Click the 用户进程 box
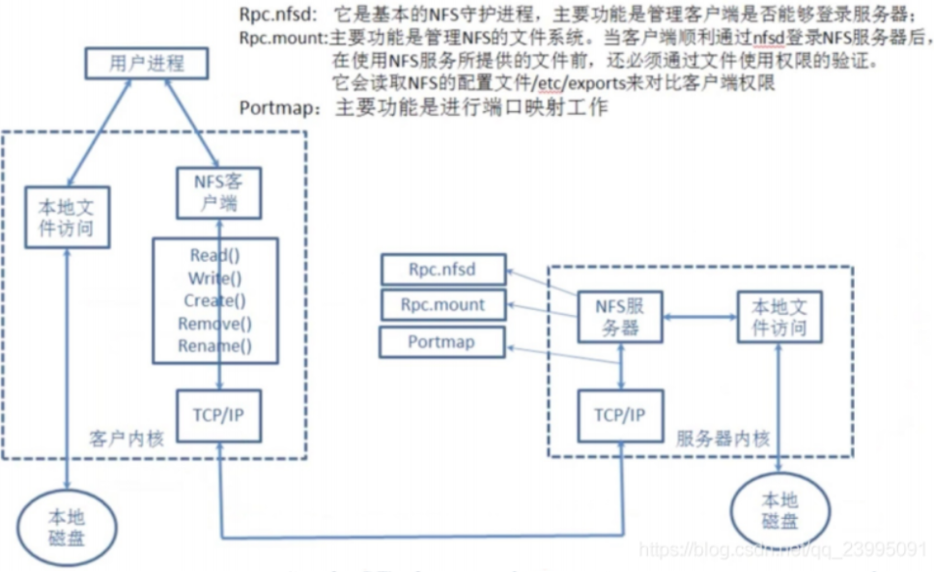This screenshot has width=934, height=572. coord(146,65)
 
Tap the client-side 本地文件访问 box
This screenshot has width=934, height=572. coord(66,219)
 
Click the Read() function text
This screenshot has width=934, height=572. coord(214,256)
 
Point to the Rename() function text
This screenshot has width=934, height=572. coord(214,346)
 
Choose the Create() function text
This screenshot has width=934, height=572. coord(214,300)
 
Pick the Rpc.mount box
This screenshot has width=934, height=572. coord(442,305)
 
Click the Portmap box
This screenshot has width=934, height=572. coord(442,342)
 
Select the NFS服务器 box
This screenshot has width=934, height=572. coord(619,317)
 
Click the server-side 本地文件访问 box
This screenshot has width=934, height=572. coord(778,317)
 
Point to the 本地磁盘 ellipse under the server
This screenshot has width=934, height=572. coord(779,509)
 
